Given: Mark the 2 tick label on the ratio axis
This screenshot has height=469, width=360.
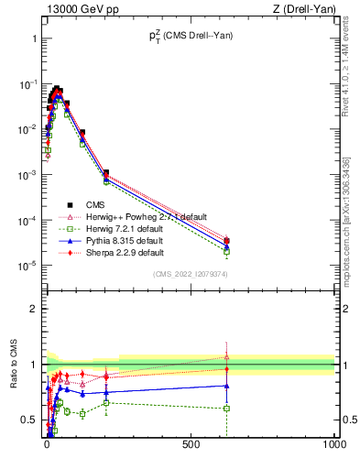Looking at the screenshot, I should [x=34, y=309].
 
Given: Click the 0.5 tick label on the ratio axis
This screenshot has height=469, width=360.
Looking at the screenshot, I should [x=29, y=420].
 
